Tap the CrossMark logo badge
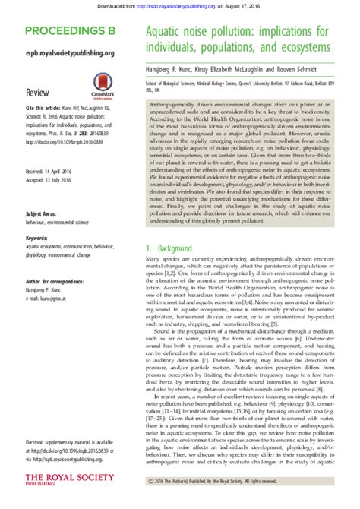103,84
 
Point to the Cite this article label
43,108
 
